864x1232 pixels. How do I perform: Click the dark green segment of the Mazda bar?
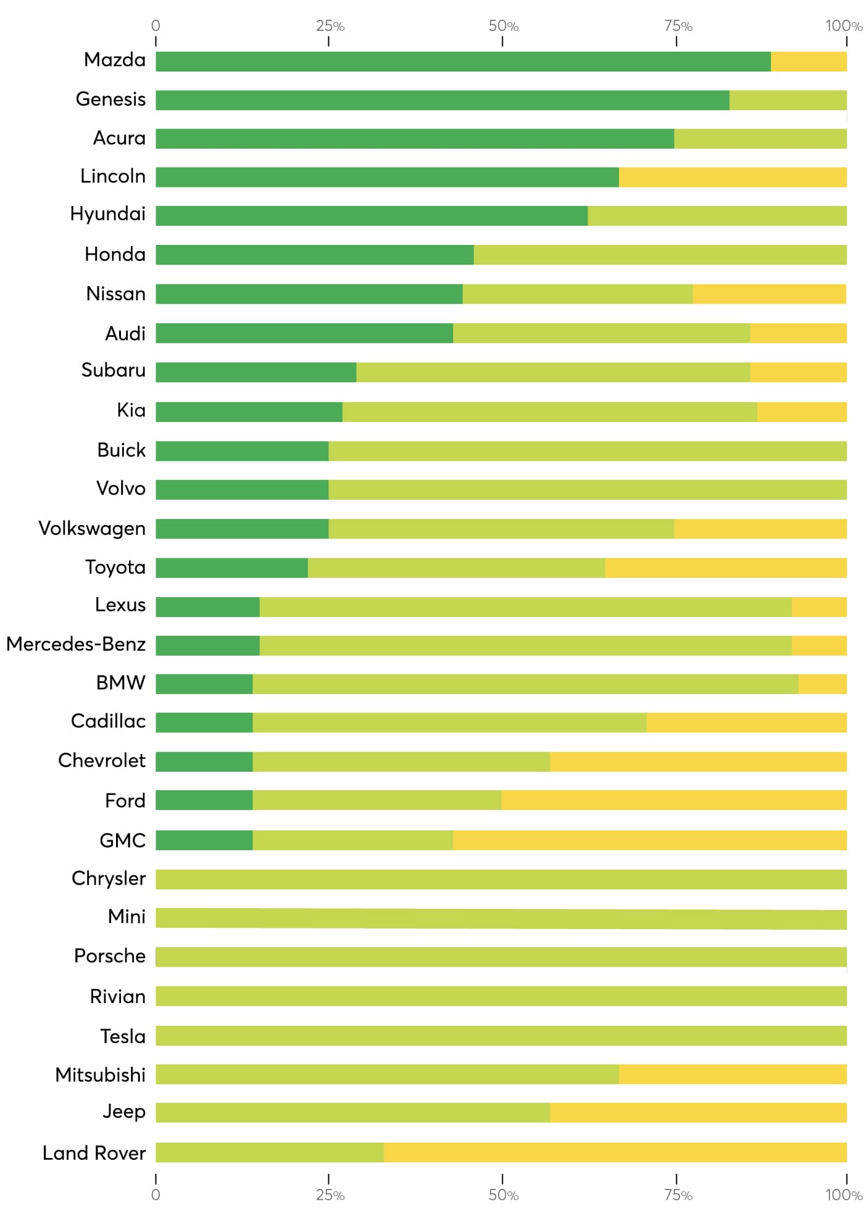(x=463, y=62)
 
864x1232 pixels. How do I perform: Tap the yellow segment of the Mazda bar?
(x=808, y=62)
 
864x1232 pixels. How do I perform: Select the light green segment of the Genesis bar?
(x=787, y=101)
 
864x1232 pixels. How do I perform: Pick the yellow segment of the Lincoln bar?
(x=733, y=177)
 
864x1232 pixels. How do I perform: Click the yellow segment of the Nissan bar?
(x=769, y=294)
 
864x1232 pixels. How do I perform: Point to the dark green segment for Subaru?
(x=256, y=373)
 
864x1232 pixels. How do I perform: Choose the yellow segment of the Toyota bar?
(x=726, y=568)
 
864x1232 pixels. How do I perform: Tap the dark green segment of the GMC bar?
(x=204, y=840)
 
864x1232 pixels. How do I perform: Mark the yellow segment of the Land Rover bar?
(x=615, y=1152)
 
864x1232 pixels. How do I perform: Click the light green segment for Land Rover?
(x=270, y=1152)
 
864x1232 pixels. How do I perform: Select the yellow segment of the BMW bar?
(x=822, y=684)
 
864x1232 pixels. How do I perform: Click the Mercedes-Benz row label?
(x=76, y=644)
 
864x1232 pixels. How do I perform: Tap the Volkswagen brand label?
(x=92, y=529)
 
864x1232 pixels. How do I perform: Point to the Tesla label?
(x=123, y=1036)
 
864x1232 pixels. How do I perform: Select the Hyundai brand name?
(x=108, y=214)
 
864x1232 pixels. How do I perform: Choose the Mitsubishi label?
(x=101, y=1075)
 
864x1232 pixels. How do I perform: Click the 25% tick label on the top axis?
(x=330, y=26)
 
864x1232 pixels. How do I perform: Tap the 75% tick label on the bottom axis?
(x=678, y=1195)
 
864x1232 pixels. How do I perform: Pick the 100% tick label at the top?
(x=843, y=26)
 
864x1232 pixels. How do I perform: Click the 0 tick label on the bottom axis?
(x=156, y=1195)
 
